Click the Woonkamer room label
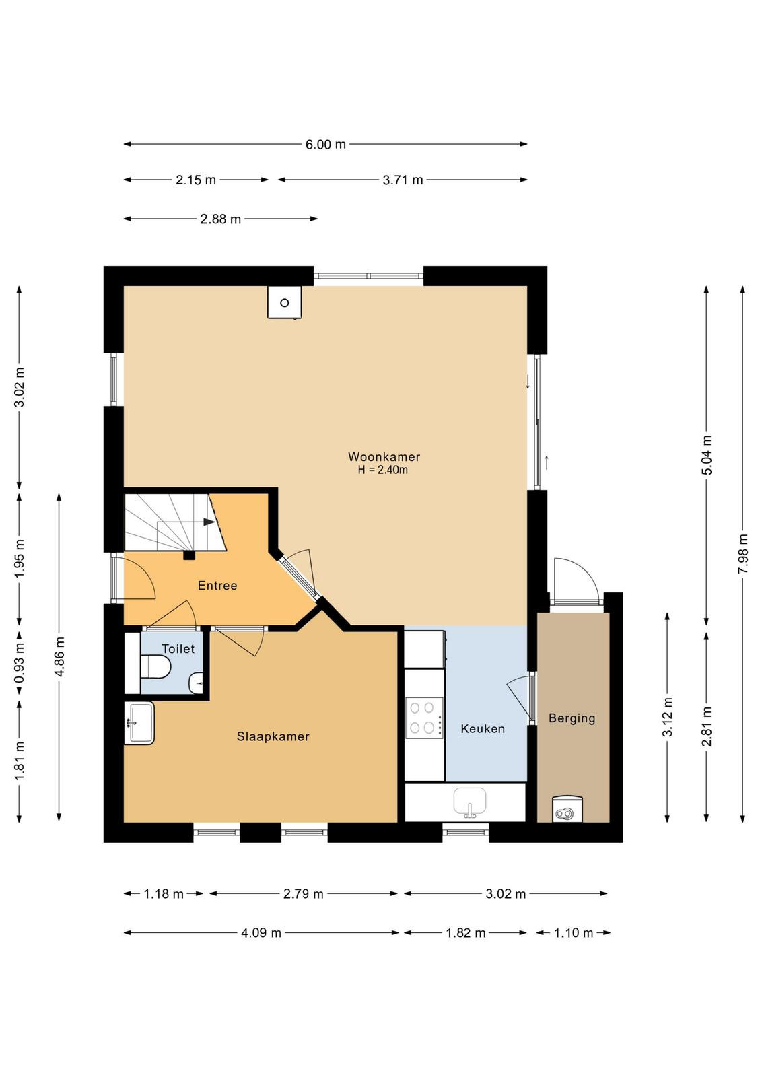coord(384,456)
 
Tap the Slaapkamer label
coord(273,736)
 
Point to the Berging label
coord(571,718)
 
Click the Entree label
coord(217,585)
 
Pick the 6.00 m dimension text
coord(326,144)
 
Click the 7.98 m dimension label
coord(743,553)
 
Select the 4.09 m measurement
coord(261,933)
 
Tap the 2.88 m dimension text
coord(220,219)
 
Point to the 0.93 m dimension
coord(20,664)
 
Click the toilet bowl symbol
coord(155,666)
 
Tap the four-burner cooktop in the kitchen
coord(424,718)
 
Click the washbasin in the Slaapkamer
coord(139,723)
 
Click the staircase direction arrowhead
coord(209,522)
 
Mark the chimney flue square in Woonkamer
coord(285,302)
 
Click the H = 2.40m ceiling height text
coord(382,470)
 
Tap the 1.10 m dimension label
coord(573,933)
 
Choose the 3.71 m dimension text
coord(403,180)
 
